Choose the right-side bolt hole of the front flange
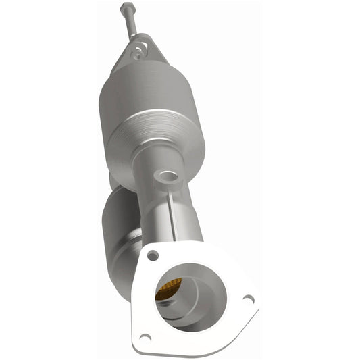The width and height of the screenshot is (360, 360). coord(248,299)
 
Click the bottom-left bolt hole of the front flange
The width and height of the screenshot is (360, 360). coord(145,336)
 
